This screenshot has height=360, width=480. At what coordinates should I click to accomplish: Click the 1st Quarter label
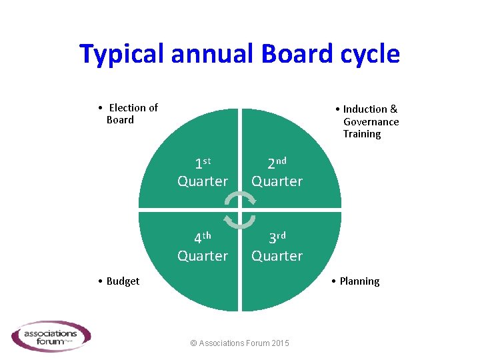pyautogui.click(x=203, y=173)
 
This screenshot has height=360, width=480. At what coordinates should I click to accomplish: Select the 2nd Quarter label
pyautogui.click(x=277, y=173)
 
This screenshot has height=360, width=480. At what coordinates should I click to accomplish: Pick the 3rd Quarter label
pyautogui.click(x=277, y=247)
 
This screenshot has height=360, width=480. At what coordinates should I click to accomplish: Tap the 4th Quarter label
pyautogui.click(x=203, y=247)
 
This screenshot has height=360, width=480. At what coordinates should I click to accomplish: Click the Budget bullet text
pyautogui.click(x=123, y=281)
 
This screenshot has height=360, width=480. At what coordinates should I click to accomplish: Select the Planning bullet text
pyautogui.click(x=359, y=281)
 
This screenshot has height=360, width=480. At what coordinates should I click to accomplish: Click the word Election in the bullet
pyautogui.click(x=133, y=108)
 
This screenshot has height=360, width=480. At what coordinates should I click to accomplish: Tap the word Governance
pyautogui.click(x=371, y=122)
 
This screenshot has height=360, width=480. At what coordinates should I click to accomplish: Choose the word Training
pyautogui.click(x=362, y=134)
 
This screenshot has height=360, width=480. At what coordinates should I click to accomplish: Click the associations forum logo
pyautogui.click(x=51, y=336)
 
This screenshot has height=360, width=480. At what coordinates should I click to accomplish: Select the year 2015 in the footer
pyautogui.click(x=280, y=343)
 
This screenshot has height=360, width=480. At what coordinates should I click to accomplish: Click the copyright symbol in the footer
pyautogui.click(x=193, y=343)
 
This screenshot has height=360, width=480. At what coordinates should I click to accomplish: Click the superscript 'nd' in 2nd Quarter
pyautogui.click(x=281, y=161)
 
